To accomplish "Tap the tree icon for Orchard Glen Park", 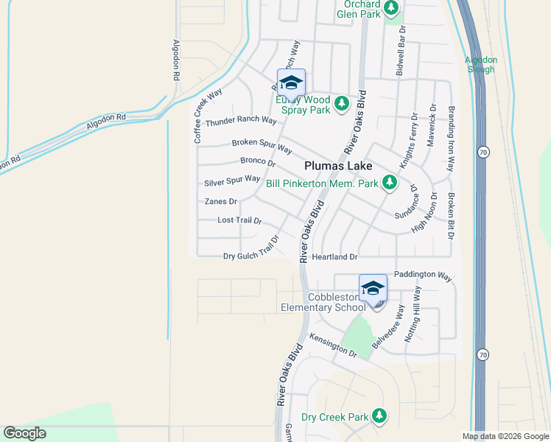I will (391, 9).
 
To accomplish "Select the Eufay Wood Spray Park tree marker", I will (341, 104).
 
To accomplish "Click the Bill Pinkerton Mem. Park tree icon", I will (390, 183).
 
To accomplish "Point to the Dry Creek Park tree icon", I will (379, 417).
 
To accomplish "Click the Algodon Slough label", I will (482, 65).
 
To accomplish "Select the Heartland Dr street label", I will (334, 257).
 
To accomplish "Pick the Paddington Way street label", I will (423, 275).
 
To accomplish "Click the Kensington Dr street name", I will (333, 344).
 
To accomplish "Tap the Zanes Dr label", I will (221, 201).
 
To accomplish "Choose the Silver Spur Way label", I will (232, 180).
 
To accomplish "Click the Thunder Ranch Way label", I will (241, 122).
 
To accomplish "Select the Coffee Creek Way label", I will (208, 116).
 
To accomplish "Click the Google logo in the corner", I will (25, 433).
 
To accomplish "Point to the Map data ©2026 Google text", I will (505, 436).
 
